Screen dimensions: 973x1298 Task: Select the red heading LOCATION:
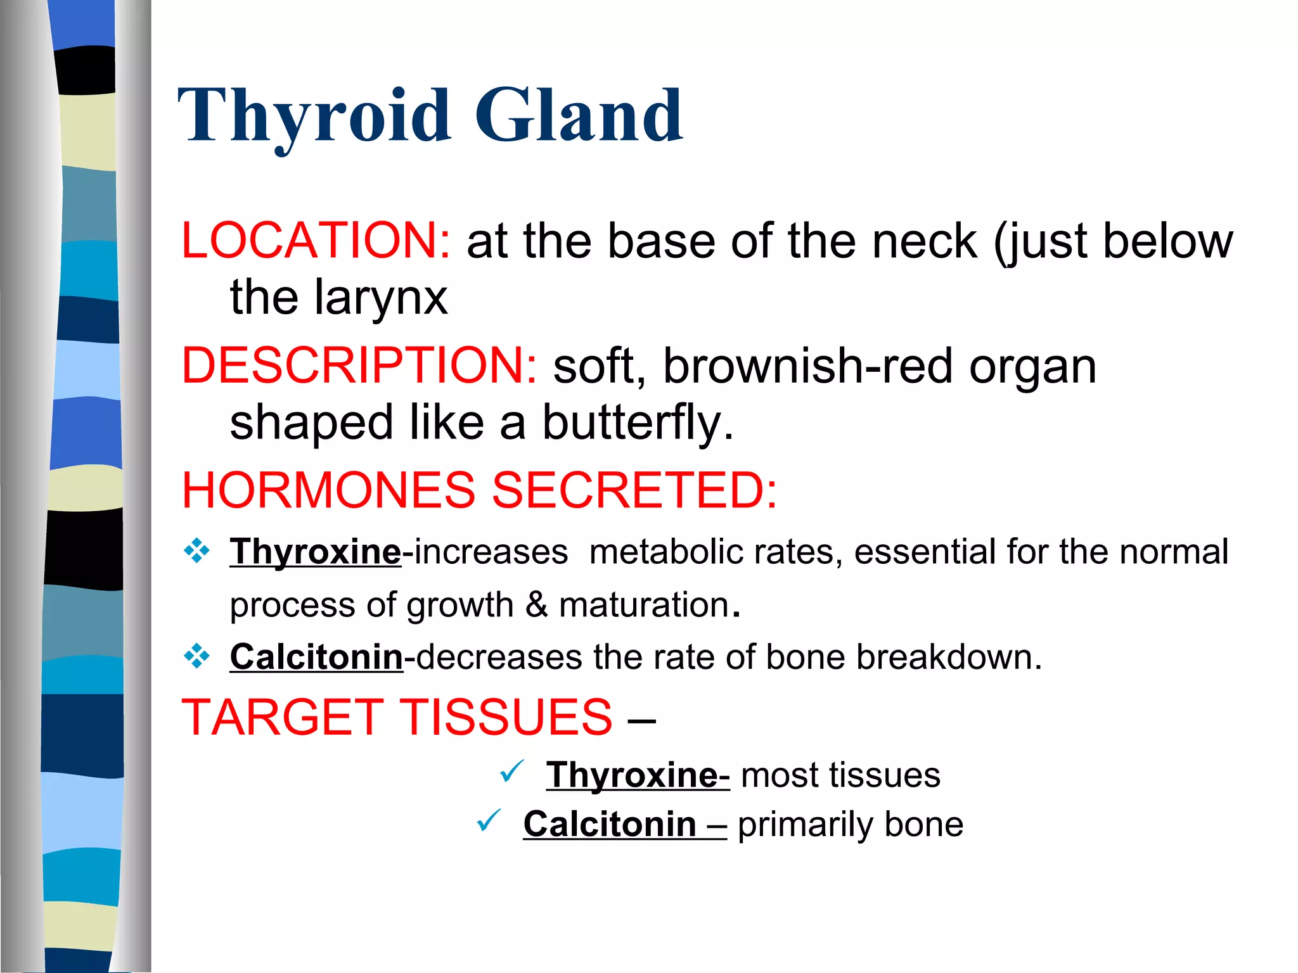point(316,241)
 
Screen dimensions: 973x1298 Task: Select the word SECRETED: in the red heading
point(634,490)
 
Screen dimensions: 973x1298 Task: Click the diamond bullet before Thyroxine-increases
point(196,551)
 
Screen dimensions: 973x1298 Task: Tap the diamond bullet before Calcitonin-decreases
point(196,656)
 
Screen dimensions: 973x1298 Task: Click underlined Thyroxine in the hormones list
point(315,552)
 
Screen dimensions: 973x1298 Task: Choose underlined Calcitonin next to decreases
point(316,657)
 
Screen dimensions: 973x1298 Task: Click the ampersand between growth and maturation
point(536,604)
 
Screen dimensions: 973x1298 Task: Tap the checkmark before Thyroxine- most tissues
point(511,771)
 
